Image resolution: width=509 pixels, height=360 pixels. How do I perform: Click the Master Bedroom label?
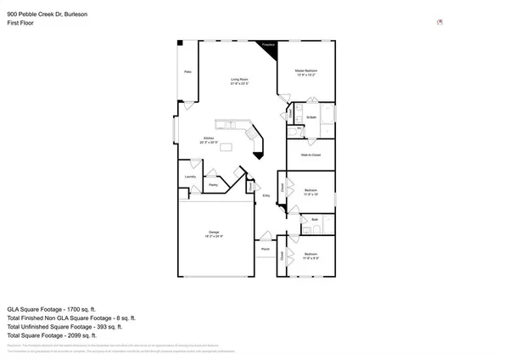coord(306,71)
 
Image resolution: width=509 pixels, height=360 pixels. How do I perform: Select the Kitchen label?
coord(207,139)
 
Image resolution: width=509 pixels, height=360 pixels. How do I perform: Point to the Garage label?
coord(215,233)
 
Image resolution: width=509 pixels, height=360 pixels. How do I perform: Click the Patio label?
coord(187,72)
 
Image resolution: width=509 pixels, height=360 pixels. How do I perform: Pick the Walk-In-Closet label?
coord(310,155)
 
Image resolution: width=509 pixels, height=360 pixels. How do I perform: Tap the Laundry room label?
coord(190,177)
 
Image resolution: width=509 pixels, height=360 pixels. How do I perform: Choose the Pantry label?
coord(215,183)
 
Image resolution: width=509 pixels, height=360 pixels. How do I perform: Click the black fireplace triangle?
coord(271,49)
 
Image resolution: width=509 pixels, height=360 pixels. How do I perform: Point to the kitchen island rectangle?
coord(227,147)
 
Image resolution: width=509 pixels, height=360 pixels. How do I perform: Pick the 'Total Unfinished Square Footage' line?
coord(64,325)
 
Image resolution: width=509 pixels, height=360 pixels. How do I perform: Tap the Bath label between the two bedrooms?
coord(314,219)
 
